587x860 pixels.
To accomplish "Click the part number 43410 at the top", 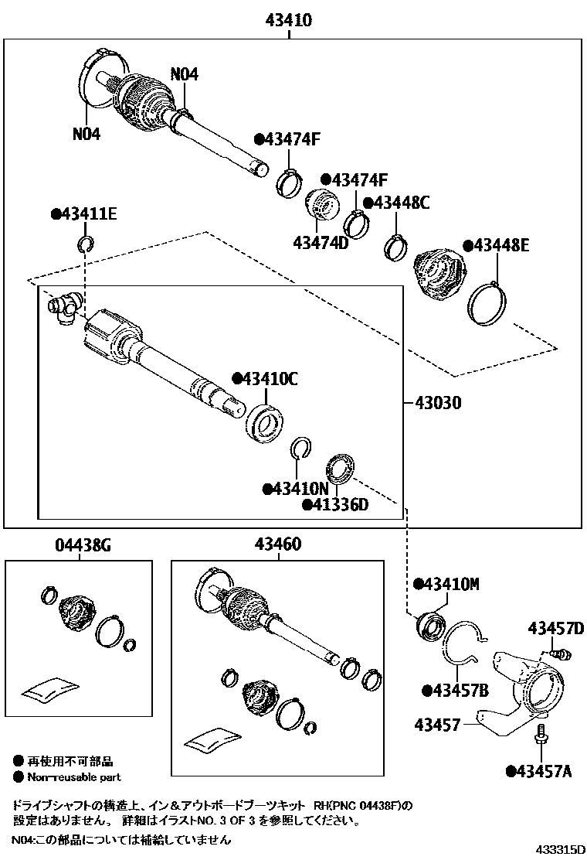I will tap(290, 21).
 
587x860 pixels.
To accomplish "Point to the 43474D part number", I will tap(321, 243).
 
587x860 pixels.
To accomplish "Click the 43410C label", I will tap(264, 379).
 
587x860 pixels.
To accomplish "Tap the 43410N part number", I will tap(296, 489).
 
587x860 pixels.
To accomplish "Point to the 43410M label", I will tap(446, 584).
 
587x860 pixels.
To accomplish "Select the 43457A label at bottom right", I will tap(543, 770).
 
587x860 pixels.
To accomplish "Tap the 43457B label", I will tap(455, 690).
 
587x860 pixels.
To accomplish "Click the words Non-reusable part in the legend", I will tap(73, 777).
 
